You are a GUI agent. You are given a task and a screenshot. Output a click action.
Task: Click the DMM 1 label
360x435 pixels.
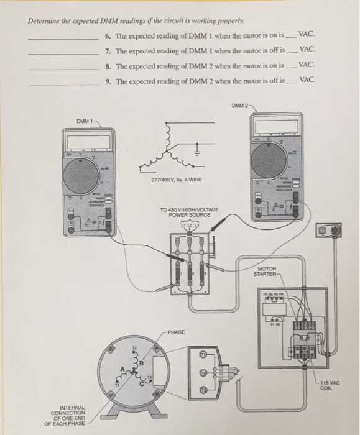[85, 121]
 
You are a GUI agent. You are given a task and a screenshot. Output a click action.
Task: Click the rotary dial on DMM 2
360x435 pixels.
[271, 158]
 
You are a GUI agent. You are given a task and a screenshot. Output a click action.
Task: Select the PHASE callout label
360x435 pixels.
[176, 332]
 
